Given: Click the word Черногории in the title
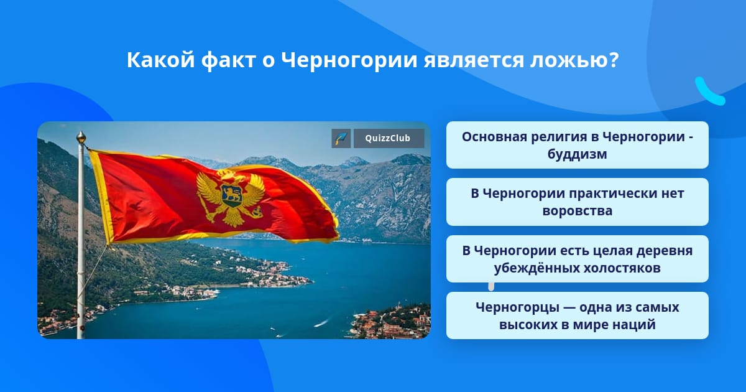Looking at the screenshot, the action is pos(349,61).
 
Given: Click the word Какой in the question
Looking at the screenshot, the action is pos(161,60).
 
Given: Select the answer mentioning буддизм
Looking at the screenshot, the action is pos(577,145).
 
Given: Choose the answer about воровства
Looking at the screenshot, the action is pos(577,202).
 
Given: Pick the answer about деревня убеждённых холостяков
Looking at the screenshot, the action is pos(577,259).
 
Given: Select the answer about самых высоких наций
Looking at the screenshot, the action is pos(577,315).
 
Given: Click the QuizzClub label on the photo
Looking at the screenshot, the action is pos(389,138).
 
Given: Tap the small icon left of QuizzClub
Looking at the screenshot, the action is pos(341,138).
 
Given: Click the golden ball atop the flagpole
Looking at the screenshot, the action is pos(81,138).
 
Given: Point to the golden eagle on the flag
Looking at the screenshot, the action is pos(231,198).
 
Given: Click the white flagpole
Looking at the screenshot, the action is pos(81,240).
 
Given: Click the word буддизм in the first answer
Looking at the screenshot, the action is pos(577,154).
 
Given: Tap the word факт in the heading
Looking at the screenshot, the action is pos(228,61).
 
